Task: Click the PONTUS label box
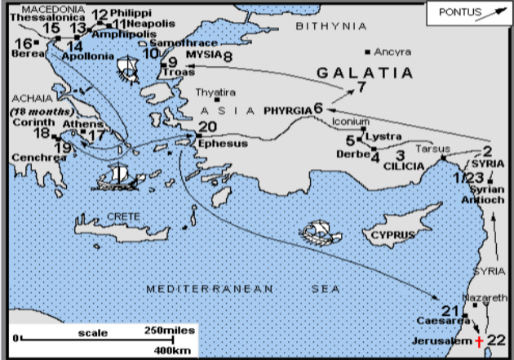coord(468,13)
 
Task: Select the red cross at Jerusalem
coord(480,340)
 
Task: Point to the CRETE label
coord(120,216)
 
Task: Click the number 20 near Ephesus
coord(207,127)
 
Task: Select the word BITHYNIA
coord(331,27)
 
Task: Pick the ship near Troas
coord(129,68)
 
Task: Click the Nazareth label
coord(489,297)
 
